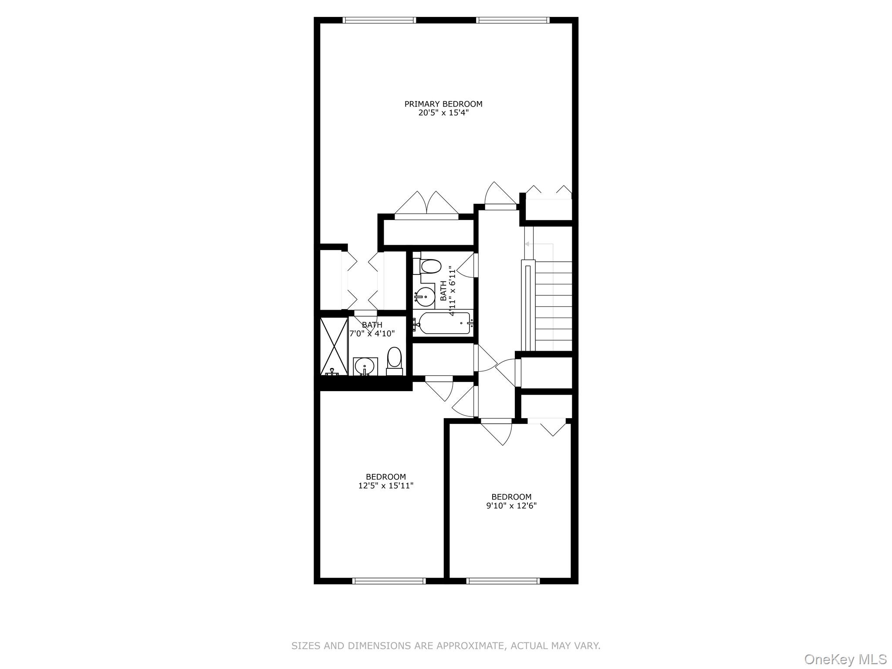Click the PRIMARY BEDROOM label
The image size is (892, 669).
(443, 104)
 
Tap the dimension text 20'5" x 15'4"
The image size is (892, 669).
(443, 113)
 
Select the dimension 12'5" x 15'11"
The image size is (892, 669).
(386, 486)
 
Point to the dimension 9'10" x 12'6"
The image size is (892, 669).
(511, 506)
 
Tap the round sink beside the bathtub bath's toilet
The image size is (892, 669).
(425, 297)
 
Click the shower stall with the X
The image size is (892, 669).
(334, 346)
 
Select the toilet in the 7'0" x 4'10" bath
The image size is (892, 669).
(395, 361)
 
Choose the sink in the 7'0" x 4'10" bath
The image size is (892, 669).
(365, 366)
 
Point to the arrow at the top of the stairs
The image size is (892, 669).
(539, 244)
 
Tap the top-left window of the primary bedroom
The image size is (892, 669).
(379, 20)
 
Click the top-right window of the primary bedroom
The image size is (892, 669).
(513, 20)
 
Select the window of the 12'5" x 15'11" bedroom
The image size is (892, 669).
(389, 581)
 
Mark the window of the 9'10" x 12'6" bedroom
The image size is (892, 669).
(503, 581)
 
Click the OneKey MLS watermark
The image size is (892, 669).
(845, 659)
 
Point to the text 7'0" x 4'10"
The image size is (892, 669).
(372, 334)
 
